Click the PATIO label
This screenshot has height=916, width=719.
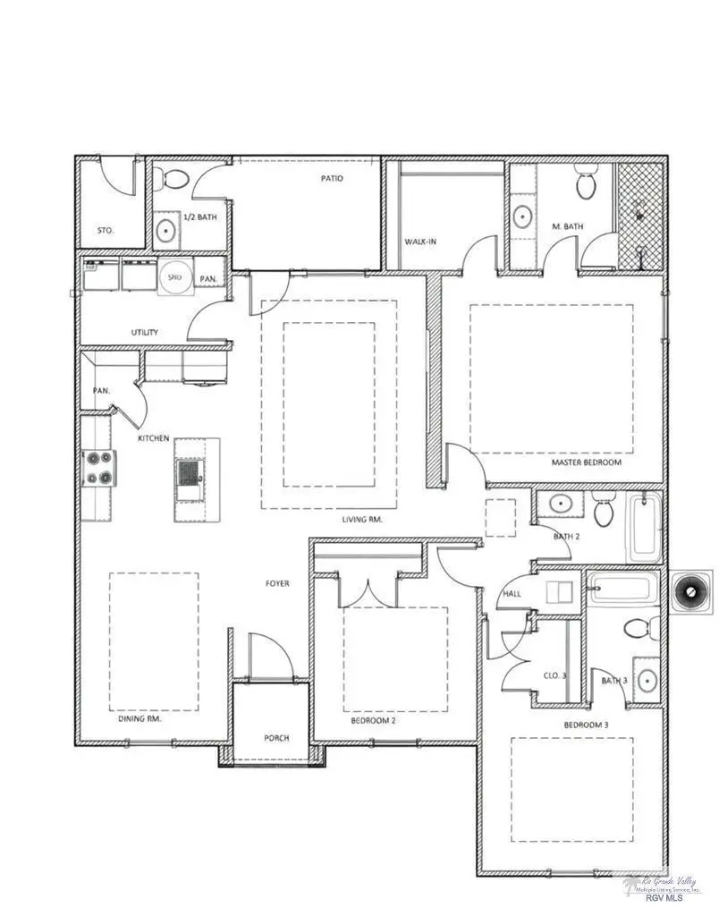pos(332,178)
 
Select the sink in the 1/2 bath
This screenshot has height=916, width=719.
pos(167,231)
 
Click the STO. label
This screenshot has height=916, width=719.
pos(105,230)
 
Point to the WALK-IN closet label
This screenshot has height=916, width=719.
pos(420,242)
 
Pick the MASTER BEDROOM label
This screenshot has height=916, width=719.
pos(586,462)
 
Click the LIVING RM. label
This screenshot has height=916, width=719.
pos(362,519)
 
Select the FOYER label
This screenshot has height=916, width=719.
pos(277,583)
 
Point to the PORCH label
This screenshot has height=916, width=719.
pos(276,738)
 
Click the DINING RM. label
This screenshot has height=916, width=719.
pos(140,718)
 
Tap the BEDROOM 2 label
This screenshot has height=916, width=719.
pos(372,718)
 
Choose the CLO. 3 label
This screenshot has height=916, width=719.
pos(554,675)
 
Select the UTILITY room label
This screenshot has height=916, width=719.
pos(145,332)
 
